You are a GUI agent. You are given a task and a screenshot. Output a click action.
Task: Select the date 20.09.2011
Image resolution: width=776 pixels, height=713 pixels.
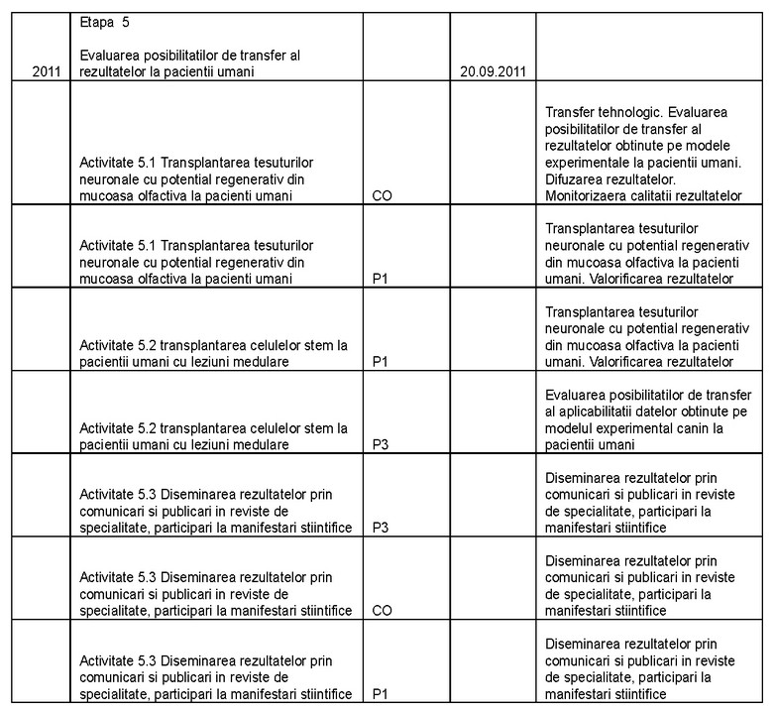point(494,71)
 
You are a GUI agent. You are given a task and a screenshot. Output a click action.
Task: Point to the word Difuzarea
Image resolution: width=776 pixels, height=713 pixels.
point(577,179)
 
